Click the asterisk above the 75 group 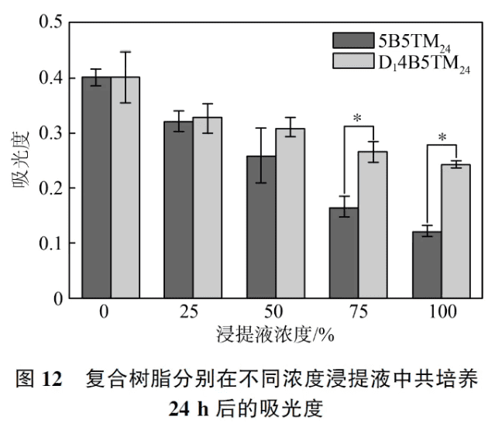pos(357,119)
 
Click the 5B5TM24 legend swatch pos(351,40)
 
